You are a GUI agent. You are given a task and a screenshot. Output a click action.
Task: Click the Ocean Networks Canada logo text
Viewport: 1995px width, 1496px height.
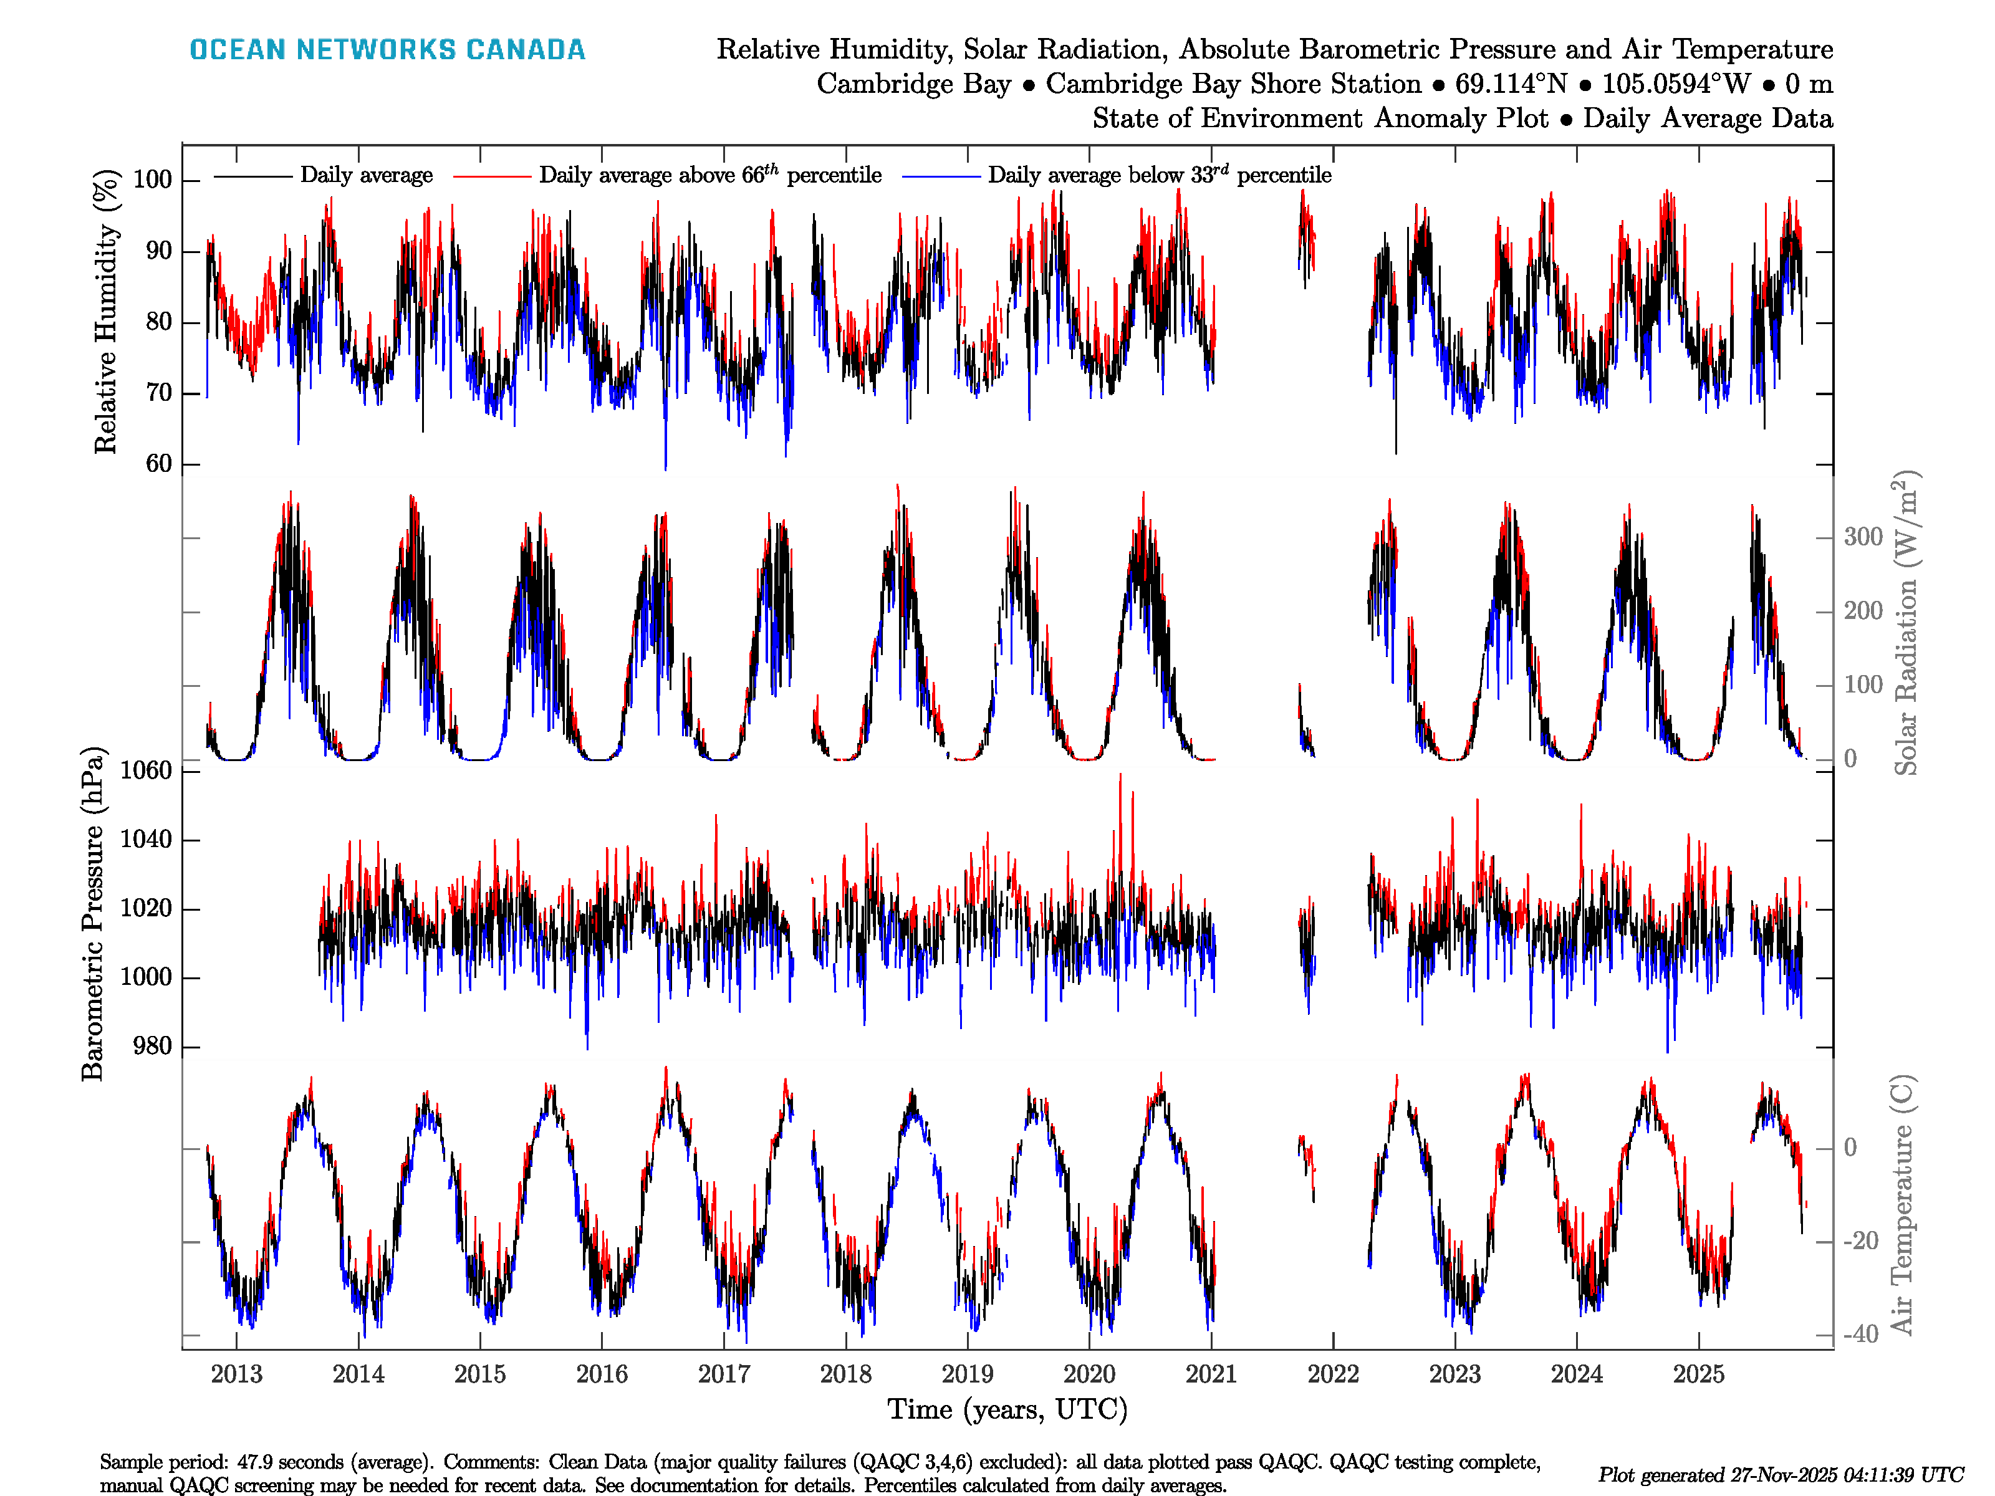(x=387, y=50)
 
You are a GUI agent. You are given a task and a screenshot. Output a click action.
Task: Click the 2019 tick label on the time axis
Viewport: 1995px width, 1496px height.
(x=967, y=1374)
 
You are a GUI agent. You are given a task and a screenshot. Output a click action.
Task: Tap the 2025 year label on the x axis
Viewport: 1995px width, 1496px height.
(x=1698, y=1374)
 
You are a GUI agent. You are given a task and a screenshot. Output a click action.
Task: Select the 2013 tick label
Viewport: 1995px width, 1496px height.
(x=236, y=1374)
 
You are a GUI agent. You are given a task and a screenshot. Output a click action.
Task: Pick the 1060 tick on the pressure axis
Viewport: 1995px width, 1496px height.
(x=145, y=770)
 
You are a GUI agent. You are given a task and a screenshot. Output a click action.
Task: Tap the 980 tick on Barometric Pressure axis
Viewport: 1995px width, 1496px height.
(x=151, y=1046)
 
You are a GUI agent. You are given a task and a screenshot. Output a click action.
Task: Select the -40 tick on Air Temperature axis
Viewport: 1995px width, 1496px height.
(x=1860, y=1334)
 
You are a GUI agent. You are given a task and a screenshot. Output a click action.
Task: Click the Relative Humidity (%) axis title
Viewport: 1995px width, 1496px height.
(x=107, y=311)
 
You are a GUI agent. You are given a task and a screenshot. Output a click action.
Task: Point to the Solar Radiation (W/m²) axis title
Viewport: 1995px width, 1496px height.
(x=1905, y=622)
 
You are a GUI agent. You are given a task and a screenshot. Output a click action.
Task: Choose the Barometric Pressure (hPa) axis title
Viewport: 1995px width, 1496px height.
(x=93, y=913)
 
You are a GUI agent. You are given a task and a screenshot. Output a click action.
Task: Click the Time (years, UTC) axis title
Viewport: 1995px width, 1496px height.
(x=1007, y=1409)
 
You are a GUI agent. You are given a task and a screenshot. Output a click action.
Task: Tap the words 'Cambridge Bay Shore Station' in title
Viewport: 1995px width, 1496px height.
(x=1233, y=84)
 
